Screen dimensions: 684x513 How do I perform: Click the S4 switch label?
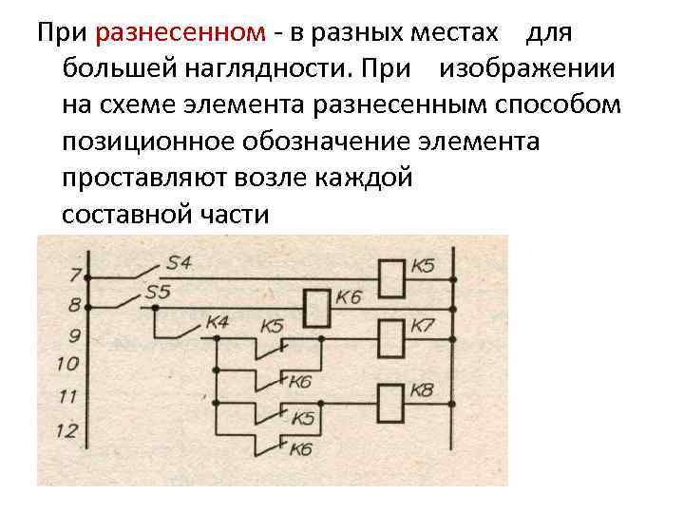click(179, 263)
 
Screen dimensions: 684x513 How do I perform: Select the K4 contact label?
click(218, 324)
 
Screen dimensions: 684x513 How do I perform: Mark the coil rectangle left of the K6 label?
click(316, 306)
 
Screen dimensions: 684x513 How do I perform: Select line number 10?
click(67, 364)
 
